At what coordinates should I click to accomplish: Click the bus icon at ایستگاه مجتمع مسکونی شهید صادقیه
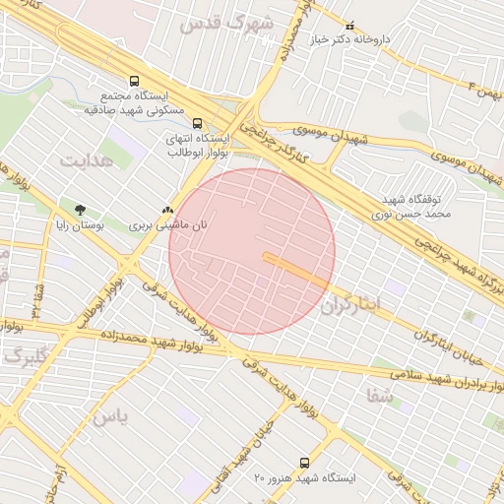pyautogui.click(x=135, y=83)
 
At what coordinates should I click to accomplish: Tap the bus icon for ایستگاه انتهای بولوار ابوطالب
pyautogui.click(x=198, y=124)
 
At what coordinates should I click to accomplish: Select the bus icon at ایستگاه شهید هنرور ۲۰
pyautogui.click(x=303, y=462)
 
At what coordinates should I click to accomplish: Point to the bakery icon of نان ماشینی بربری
pyautogui.click(x=167, y=210)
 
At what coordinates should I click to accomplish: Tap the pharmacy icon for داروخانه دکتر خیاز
pyautogui.click(x=350, y=25)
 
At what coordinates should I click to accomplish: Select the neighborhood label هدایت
pyautogui.click(x=87, y=158)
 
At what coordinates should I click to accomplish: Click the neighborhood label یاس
pyautogui.click(x=110, y=416)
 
